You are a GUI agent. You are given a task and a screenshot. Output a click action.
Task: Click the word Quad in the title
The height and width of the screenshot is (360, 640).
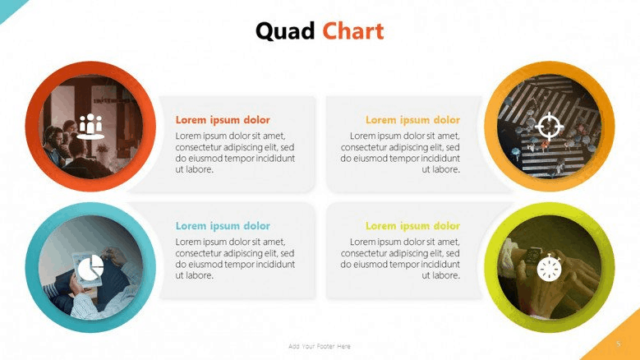(x=285, y=32)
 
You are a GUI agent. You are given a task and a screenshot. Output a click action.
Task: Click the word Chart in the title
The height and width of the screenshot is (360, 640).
(x=353, y=31)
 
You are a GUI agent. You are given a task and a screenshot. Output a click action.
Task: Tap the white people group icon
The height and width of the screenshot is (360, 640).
(x=90, y=127)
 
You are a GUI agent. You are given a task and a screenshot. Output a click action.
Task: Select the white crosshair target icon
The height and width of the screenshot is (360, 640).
(x=549, y=126)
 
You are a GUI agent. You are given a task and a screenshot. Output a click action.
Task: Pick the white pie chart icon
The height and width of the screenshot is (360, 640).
(x=90, y=268)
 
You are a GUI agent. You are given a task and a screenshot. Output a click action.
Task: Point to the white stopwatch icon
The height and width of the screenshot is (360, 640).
(x=550, y=267)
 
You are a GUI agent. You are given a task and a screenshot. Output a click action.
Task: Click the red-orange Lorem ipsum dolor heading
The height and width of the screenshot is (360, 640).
(x=223, y=120)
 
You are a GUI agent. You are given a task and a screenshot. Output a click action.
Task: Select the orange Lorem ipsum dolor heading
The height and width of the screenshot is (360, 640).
(x=412, y=120)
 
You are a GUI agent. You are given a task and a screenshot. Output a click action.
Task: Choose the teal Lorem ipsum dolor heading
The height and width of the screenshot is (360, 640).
(x=223, y=226)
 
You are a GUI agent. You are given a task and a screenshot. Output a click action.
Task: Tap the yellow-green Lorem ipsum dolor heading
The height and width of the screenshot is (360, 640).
(x=412, y=226)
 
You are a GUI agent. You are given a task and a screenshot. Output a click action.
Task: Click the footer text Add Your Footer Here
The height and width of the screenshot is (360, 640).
(x=320, y=346)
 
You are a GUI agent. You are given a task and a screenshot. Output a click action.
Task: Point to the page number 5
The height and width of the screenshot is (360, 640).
(x=619, y=344)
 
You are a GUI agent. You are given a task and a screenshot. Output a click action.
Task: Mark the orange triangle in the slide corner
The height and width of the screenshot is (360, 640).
(x=620, y=343)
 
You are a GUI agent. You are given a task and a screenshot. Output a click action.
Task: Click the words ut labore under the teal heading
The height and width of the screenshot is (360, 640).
(x=194, y=275)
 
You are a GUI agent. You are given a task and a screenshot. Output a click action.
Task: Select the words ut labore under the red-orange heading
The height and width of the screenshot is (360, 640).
(x=194, y=169)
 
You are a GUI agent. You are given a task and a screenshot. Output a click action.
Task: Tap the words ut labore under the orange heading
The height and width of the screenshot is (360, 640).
(x=441, y=169)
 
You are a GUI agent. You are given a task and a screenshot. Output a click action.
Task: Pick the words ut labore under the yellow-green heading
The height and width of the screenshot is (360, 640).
(x=441, y=275)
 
